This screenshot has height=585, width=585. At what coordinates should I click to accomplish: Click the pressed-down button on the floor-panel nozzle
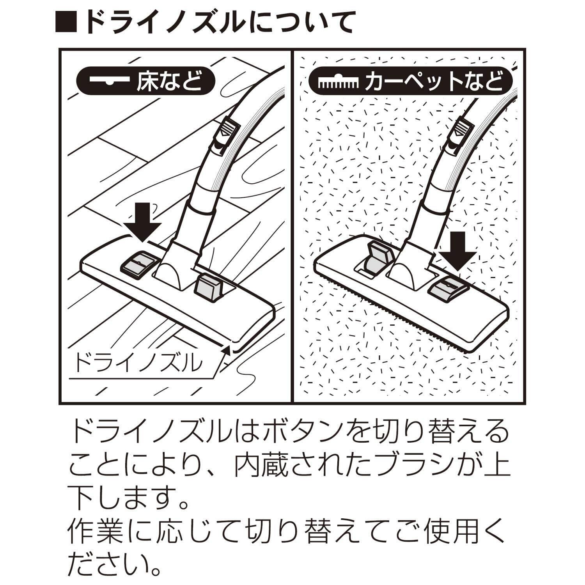coord(138,264)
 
